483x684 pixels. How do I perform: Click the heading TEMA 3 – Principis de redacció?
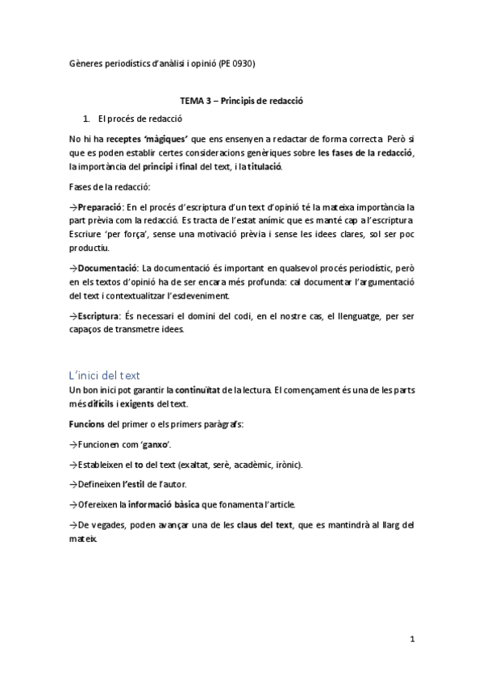(x=241, y=101)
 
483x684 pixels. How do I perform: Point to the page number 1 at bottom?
(x=411, y=640)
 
